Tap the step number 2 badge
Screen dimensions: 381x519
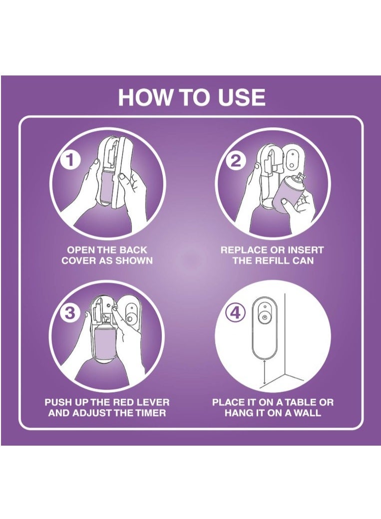pos(236,161)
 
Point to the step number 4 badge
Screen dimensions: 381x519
pos(235,312)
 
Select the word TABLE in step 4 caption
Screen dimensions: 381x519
pos(301,403)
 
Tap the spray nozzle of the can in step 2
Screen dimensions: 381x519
pos(300,177)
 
